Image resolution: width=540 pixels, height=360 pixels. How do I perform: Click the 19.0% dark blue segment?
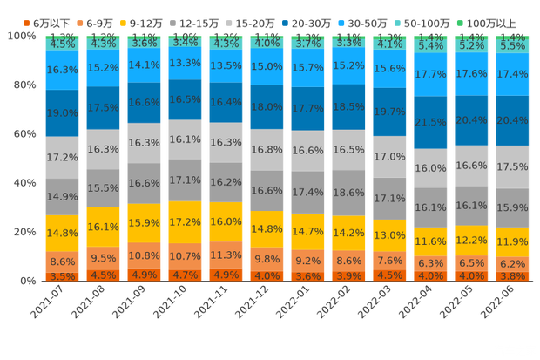[62, 112]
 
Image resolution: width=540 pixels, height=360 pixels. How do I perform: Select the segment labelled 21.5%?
[430, 123]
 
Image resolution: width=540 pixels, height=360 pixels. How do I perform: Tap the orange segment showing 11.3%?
[226, 255]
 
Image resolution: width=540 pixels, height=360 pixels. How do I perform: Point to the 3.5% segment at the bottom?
[62, 276]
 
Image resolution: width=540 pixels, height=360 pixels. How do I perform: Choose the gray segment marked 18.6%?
[348, 192]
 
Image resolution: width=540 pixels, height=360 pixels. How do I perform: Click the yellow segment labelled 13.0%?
[389, 235]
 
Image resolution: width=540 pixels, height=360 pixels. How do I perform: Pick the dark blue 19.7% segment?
[389, 112]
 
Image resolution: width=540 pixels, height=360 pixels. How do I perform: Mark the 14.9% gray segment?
[62, 196]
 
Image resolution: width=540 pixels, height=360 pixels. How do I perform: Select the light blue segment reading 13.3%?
[185, 63]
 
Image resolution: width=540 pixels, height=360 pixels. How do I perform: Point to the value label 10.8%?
[144, 256]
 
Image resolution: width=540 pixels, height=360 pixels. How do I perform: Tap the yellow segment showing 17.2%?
[185, 223]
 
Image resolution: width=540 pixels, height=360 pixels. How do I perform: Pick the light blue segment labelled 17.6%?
[471, 74]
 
